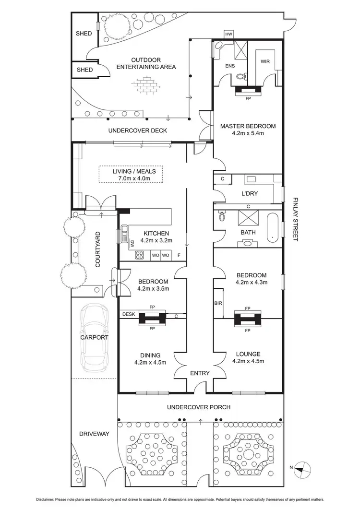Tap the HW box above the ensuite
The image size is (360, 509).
point(228,34)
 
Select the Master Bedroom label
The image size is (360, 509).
point(248,126)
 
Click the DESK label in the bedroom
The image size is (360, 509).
point(128,314)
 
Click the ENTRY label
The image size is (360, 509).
point(199,373)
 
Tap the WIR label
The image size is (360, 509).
point(265,62)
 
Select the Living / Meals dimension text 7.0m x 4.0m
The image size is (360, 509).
point(131,178)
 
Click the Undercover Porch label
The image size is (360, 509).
point(199,407)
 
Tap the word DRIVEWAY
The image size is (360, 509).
point(94,434)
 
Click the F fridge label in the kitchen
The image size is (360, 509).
point(179,255)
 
